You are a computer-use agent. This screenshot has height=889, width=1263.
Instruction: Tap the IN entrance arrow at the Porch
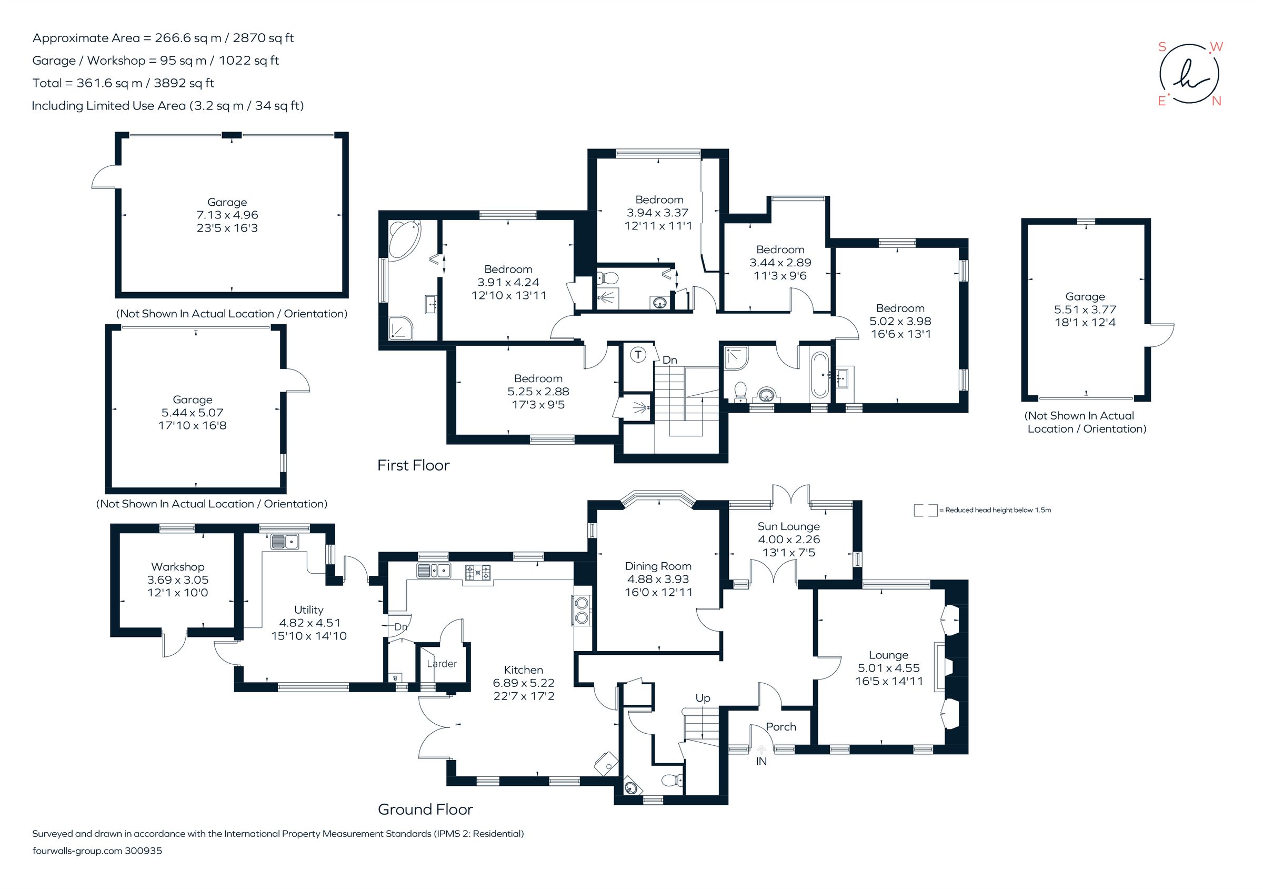pyautogui.click(x=761, y=750)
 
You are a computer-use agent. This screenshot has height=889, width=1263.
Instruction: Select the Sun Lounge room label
pyautogui.click(x=788, y=526)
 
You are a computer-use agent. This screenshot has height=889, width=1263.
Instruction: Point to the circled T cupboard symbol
pyautogui.click(x=638, y=355)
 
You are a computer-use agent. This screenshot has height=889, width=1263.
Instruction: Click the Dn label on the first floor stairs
pyautogui.click(x=669, y=360)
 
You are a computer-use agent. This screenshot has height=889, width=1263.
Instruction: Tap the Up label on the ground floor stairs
pyautogui.click(x=703, y=698)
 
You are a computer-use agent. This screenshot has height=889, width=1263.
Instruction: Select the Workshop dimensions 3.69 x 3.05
pyautogui.click(x=178, y=580)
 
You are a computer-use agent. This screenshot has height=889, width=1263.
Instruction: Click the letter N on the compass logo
pyautogui.click(x=1216, y=101)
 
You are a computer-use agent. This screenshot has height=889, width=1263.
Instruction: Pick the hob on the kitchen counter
pyautogui.click(x=477, y=573)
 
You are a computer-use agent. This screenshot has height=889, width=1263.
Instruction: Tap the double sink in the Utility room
pyautogui.click(x=284, y=542)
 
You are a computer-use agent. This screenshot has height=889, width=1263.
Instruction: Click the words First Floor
pyautogui.click(x=413, y=465)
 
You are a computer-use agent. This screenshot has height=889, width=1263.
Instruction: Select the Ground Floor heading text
pyautogui.click(x=425, y=809)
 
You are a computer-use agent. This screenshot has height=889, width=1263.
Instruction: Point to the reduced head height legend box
pyautogui.click(x=925, y=510)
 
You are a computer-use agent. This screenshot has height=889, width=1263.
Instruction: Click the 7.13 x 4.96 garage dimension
pyautogui.click(x=227, y=215)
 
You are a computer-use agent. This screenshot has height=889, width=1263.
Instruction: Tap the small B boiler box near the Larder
pyautogui.click(x=395, y=678)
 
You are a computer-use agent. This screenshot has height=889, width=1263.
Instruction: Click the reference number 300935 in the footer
pyautogui.click(x=144, y=851)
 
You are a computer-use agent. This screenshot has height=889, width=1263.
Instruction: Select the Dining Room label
pyautogui.click(x=658, y=566)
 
